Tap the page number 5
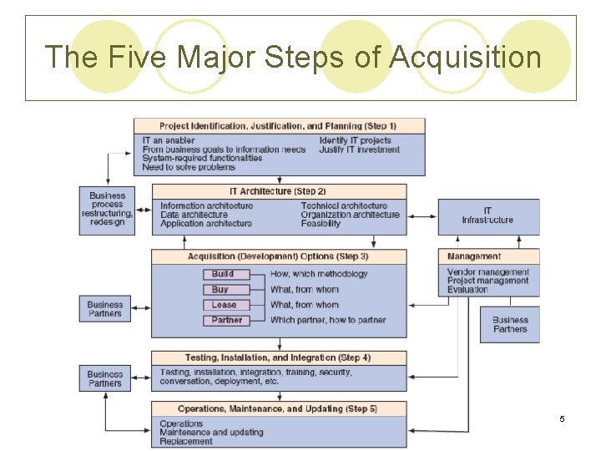(x=562, y=418)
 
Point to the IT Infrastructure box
(x=487, y=215)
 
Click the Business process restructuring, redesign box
(x=107, y=209)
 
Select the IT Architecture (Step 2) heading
(x=278, y=191)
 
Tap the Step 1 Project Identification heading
(x=278, y=125)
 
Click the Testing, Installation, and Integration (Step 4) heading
(x=278, y=357)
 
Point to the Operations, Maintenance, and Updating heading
(x=278, y=408)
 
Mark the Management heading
(x=474, y=256)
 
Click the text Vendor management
(x=487, y=272)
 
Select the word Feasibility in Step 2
(x=321, y=224)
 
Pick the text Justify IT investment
(x=359, y=149)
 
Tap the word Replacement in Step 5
(x=186, y=441)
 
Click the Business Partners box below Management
(x=510, y=324)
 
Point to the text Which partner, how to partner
(x=328, y=320)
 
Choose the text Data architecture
(x=194, y=215)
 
